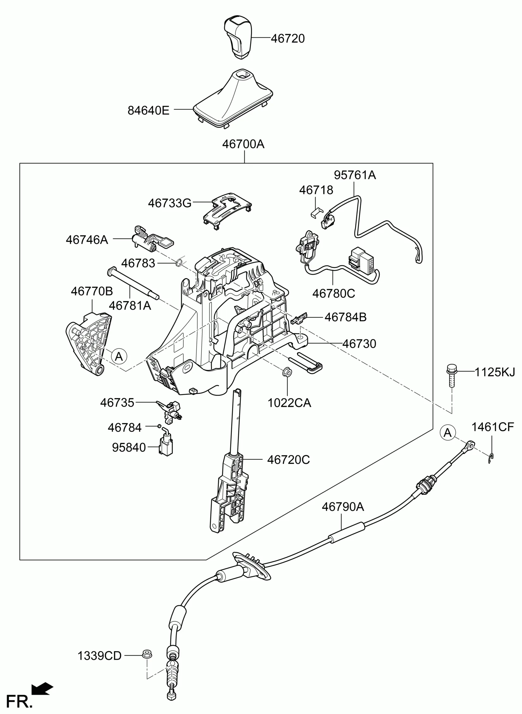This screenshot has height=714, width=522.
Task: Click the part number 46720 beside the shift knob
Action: [288, 39]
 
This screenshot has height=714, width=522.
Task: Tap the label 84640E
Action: [148, 111]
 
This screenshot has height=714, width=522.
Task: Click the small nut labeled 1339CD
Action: [146, 654]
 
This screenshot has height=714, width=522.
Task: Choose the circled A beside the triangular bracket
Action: [119, 356]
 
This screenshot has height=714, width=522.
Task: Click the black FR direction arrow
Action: [42, 687]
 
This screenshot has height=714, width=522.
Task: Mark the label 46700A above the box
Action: [243, 144]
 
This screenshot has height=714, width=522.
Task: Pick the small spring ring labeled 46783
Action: [180, 262]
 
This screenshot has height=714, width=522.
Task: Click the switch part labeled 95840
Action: [165, 445]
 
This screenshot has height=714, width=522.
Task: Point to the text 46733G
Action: [170, 203]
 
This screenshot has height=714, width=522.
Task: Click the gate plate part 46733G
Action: [226, 210]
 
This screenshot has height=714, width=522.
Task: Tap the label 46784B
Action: [345, 317]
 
